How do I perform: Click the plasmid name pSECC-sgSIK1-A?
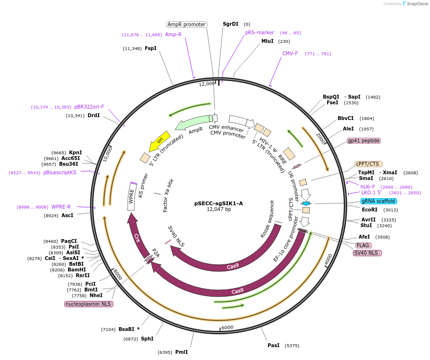(x=219, y=203)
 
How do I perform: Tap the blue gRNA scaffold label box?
(x=379, y=201)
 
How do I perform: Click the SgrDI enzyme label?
(x=231, y=24)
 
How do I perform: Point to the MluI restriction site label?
(x=268, y=41)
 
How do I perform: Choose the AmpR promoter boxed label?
(x=187, y=24)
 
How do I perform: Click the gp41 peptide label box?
(x=363, y=140)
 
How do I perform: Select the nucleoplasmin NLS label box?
(x=89, y=304)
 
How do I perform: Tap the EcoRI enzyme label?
(x=370, y=210)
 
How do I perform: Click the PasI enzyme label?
(x=273, y=345)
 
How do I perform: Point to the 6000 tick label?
(x=227, y=327)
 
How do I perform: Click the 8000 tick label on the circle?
(x=118, y=274)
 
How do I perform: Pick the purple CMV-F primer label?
(x=290, y=53)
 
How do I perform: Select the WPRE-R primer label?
(x=61, y=207)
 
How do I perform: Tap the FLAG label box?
(x=363, y=245)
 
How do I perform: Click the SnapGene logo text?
(x=416, y=4)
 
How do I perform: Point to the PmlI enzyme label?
(x=181, y=352)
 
